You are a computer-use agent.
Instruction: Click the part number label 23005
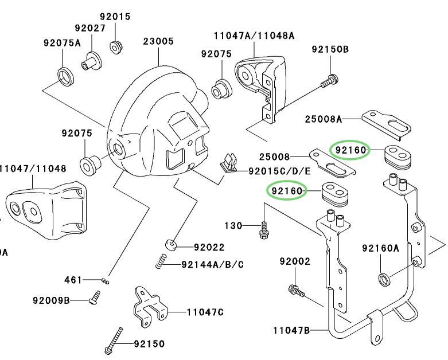pos(159,41)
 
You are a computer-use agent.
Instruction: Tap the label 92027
pos(89,28)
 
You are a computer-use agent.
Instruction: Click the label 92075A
pos(62,42)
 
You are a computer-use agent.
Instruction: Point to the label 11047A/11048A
pos(254,36)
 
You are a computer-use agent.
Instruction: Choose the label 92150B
pos(330,49)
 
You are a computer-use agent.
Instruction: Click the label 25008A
pos(323,119)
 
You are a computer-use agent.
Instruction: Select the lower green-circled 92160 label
pos(287,190)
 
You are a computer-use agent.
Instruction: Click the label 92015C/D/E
pos(279,171)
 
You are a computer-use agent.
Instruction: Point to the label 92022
pos(209,248)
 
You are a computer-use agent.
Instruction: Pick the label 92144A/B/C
pos(212,264)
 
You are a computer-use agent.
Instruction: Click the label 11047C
pos(205,312)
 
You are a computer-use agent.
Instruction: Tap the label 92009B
pos(51,299)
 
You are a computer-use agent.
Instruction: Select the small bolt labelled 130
pos(263,230)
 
